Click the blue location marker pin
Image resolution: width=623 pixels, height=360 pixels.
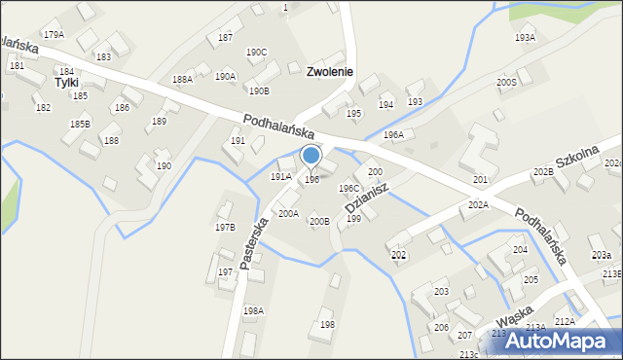311,156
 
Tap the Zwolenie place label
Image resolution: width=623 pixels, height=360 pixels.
329,72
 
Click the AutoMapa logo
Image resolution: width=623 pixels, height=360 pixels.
560,341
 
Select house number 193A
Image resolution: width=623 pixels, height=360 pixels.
525,37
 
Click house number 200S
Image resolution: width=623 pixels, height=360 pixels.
506,83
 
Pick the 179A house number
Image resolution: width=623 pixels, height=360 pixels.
54,34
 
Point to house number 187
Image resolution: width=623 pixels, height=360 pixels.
225,37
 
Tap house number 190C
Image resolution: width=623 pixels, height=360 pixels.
256,53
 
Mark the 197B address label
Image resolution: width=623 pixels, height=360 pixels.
225,227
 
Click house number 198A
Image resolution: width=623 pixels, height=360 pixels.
253,310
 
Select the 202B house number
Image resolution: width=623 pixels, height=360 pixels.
543,172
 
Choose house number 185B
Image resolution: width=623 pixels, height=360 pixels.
80,125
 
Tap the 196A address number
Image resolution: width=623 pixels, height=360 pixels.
393,134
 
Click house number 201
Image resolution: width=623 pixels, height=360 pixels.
480,180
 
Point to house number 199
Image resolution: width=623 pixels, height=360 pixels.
354,219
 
